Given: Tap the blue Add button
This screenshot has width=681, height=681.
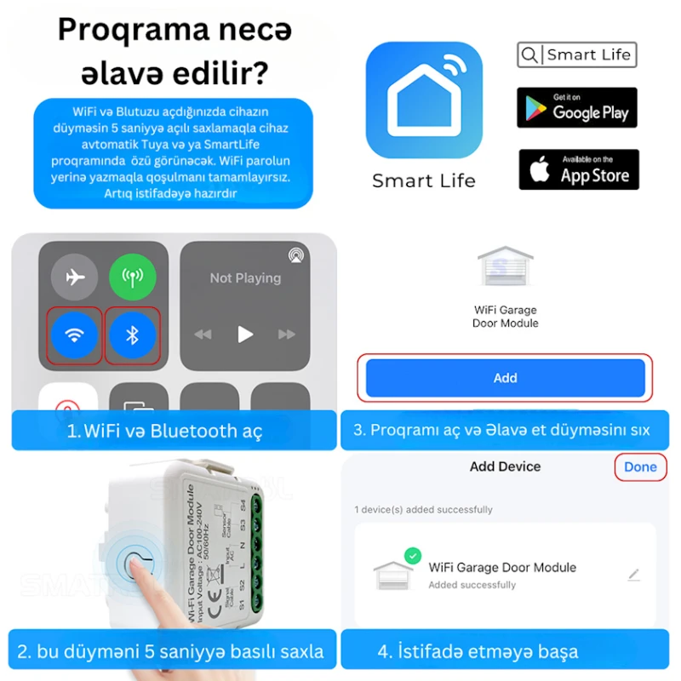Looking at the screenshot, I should [x=505, y=378].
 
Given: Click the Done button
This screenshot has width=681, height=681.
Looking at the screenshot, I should [x=640, y=466].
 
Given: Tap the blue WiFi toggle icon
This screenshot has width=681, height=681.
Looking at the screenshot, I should [x=75, y=335].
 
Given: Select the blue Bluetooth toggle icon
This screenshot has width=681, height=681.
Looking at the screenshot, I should [x=132, y=335].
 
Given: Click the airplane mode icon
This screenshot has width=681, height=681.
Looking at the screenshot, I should [x=75, y=278].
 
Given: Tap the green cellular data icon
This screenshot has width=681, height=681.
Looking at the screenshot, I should [x=132, y=278].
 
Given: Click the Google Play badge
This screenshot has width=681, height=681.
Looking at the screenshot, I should [x=577, y=107].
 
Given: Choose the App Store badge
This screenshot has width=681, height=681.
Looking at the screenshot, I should [x=579, y=169].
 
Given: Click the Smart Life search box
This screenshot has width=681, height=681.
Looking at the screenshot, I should [x=577, y=55].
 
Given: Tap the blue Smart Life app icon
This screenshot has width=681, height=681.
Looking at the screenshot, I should [x=424, y=100].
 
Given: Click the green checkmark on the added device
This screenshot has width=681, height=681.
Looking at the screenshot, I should [x=413, y=556].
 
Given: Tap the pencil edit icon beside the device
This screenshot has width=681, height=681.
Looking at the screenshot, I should [x=633, y=575].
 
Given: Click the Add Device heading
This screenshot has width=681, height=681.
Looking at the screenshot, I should [x=505, y=466].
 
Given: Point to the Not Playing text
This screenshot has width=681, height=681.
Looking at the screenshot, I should [x=245, y=278].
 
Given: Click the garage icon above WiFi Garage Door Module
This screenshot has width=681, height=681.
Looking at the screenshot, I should [x=505, y=266].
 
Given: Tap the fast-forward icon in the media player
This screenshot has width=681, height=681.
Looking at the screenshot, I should [x=289, y=335].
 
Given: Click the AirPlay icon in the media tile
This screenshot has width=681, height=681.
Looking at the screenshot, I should [x=295, y=254].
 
